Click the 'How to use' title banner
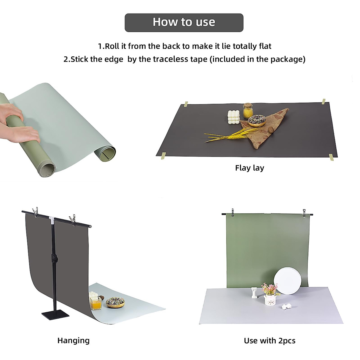[x=184, y=22]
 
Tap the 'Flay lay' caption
[x=249, y=168]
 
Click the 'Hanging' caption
[x=73, y=340]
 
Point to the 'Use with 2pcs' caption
[x=269, y=340]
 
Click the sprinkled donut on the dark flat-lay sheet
[x=257, y=120]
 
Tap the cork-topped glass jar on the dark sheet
[x=247, y=111]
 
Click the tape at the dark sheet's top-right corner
[x=323, y=101]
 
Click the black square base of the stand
[x=55, y=315]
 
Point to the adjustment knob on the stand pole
[x=54, y=259]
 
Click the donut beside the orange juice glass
[x=115, y=302]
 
